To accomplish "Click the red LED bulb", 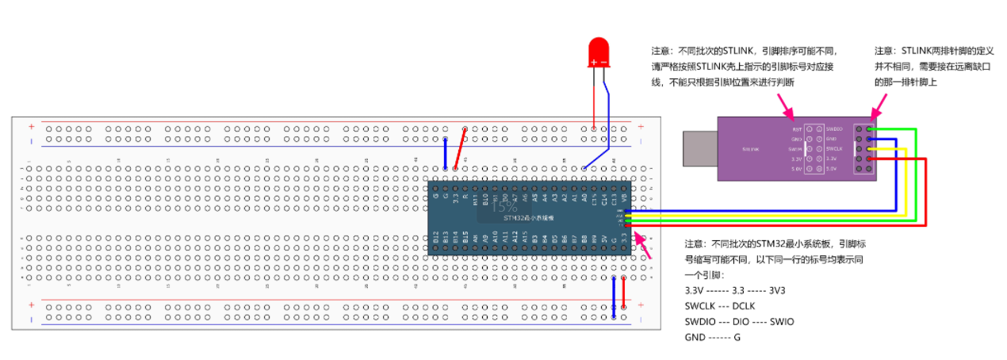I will click(x=598, y=53).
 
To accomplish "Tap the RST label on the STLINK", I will click(x=797, y=128).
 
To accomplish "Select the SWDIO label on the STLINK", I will click(x=835, y=128).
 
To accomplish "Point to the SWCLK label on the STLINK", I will click(x=835, y=148).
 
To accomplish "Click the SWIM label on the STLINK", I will click(x=795, y=148).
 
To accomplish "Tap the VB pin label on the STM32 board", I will click(x=625, y=197).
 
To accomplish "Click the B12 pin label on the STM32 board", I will click(x=436, y=236).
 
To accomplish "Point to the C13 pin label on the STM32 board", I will click(x=614, y=198).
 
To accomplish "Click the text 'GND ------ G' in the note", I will click(x=713, y=337).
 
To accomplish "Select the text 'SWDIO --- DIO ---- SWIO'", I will click(x=739, y=322).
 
